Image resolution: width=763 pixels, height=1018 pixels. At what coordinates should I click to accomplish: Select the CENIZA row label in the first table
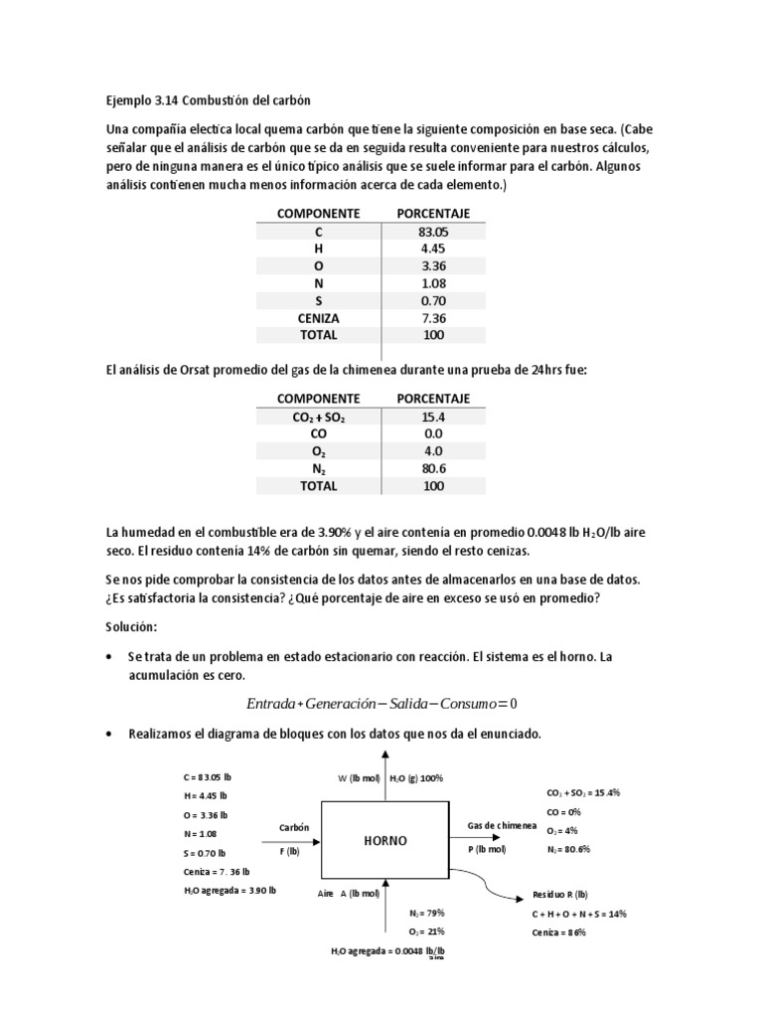coord(318,317)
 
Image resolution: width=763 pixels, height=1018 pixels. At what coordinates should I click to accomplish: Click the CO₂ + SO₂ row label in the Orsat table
coord(318,417)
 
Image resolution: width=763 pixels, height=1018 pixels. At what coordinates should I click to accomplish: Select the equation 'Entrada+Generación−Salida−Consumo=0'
coord(381,704)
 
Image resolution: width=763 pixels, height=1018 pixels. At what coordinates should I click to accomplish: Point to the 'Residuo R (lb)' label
coord(560,895)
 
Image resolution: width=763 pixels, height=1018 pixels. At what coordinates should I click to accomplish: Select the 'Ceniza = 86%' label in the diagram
coord(559,933)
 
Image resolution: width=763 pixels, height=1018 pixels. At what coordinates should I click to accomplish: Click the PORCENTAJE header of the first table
coord(433,213)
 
